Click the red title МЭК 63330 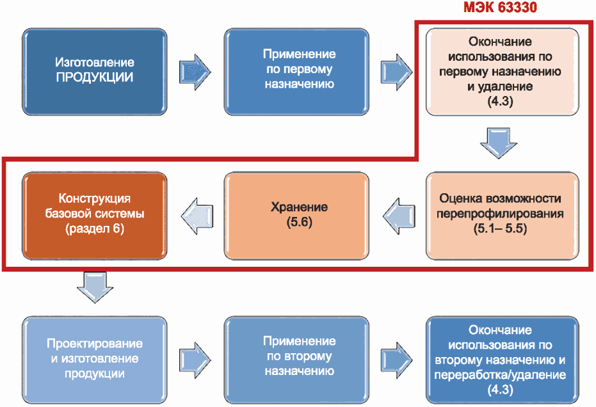(500, 7)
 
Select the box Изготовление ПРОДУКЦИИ (95, 72)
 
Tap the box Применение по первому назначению (296, 72)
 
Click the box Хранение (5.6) (296, 216)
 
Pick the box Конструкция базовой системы (95, 216)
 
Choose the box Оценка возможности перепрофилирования (502, 216)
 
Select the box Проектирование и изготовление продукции (95, 360)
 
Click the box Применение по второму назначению (296, 360)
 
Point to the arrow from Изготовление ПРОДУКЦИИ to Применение (195, 72)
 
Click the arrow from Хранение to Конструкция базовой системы (197, 216)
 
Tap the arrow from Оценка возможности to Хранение (399, 216)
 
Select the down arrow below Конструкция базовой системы (95, 287)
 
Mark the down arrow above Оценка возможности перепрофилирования (499, 143)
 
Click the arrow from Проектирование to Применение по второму (195, 360)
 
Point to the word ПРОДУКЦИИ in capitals (95, 77)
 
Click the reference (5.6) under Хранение (299, 222)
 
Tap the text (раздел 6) (95, 228)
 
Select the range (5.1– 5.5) (500, 228)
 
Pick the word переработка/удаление (500, 375)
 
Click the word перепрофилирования (500, 214)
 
